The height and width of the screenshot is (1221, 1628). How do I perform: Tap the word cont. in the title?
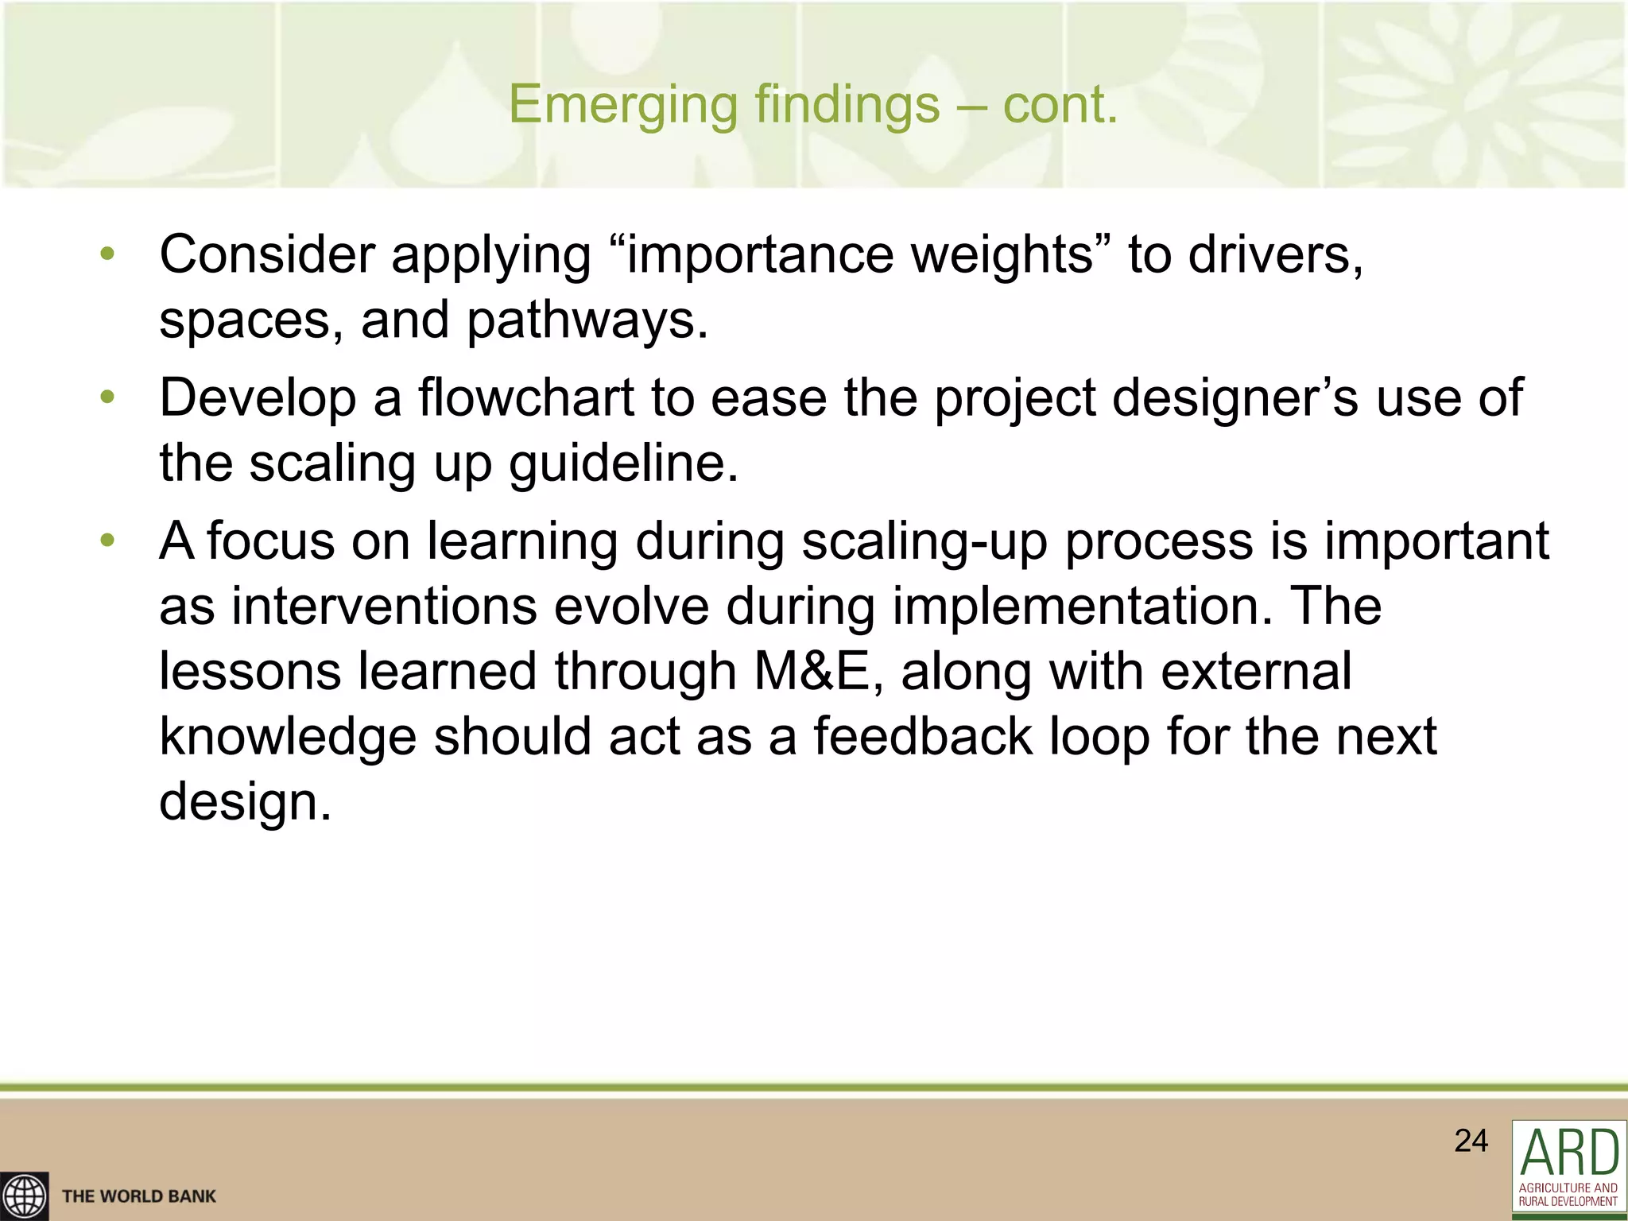pos(1060,105)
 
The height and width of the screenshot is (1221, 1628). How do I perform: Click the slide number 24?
pos(1471,1141)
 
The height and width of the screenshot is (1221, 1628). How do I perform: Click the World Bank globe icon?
pos(24,1196)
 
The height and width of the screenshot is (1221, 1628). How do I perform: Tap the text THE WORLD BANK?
pos(139,1196)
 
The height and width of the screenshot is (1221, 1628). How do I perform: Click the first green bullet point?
pos(108,254)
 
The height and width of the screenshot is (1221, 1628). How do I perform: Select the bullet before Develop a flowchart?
pos(108,397)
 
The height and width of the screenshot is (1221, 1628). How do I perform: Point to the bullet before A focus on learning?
pos(108,541)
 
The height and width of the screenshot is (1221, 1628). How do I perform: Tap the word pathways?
pos(587,320)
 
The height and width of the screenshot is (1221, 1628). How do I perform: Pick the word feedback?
pos(922,735)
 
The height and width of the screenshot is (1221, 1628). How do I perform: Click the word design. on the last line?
pos(245,801)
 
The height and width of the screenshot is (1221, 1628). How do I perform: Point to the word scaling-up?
pos(924,541)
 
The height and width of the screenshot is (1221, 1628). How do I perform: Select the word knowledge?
pos(288,735)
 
